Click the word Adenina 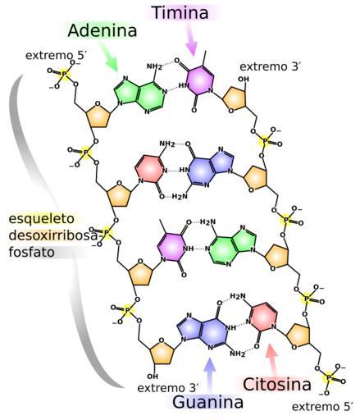tap(102, 30)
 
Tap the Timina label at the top tap(181, 12)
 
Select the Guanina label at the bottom tap(207, 402)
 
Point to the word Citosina tap(277, 384)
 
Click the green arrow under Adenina tap(109, 57)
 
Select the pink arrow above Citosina tap(272, 360)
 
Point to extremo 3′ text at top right tap(270, 66)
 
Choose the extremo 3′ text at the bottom tap(167, 388)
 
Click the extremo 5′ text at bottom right tap(322, 407)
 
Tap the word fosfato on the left tap(31, 252)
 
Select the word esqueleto tap(42, 219)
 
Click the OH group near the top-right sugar tap(244, 80)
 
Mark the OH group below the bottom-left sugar tap(153, 377)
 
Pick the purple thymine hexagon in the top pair tap(199, 81)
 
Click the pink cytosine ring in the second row tap(150, 170)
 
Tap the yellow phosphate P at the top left tap(64, 74)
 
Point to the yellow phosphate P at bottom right tap(329, 378)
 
